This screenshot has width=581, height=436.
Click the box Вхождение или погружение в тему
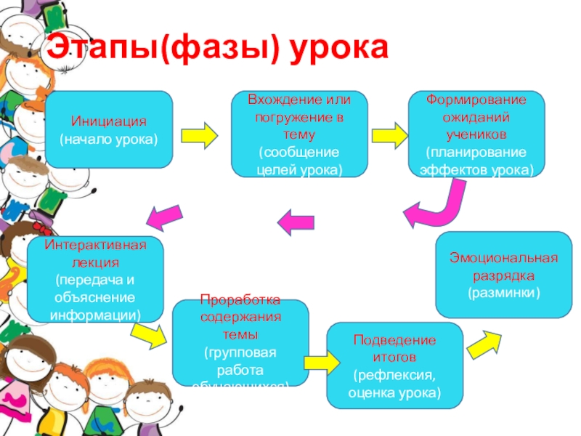[x=299, y=134]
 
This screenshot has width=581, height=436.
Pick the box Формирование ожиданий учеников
[x=476, y=134]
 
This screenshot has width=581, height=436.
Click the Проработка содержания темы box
[x=240, y=342]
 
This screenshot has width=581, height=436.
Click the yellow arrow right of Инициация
[x=199, y=135]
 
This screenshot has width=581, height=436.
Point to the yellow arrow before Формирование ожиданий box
[x=389, y=135]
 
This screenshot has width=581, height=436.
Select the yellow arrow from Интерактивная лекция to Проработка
[x=150, y=334]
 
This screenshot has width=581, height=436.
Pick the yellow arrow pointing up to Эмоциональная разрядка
[x=485, y=341]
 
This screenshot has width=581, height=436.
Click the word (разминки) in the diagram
[x=503, y=292]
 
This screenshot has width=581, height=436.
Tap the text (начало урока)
[x=109, y=137]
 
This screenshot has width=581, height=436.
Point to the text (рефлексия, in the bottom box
[x=394, y=375]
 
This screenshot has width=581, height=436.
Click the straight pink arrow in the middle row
[x=296, y=220]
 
